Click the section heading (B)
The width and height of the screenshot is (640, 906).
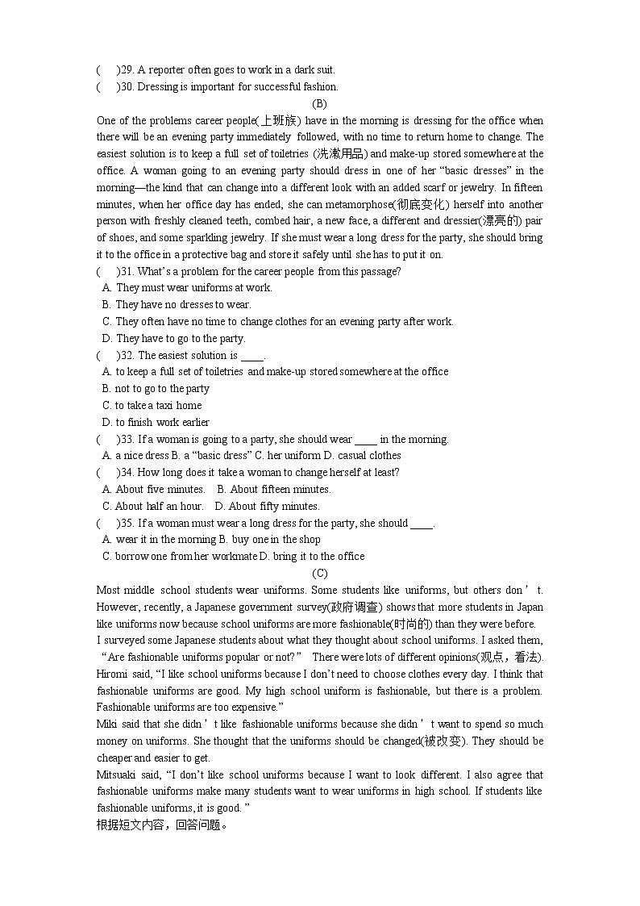(x=319, y=103)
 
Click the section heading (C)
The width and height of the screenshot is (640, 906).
(x=319, y=573)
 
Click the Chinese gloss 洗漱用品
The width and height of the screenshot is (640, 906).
(x=339, y=154)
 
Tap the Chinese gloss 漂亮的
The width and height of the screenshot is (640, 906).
(x=500, y=221)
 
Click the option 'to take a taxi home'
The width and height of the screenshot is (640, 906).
(x=152, y=406)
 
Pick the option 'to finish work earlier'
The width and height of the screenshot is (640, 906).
(x=156, y=423)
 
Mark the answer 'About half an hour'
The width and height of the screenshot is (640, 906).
(x=153, y=507)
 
